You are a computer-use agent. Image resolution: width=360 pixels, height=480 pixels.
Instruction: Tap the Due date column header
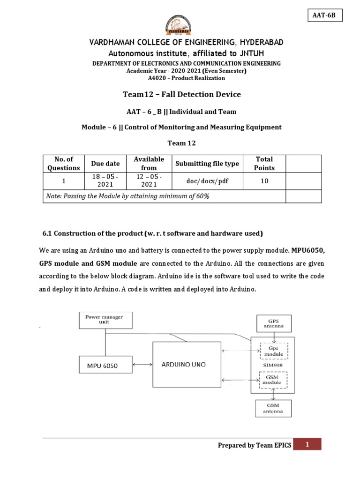pyautogui.click(x=105, y=164)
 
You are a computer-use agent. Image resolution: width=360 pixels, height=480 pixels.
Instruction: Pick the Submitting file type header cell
pyautogui.click(x=207, y=164)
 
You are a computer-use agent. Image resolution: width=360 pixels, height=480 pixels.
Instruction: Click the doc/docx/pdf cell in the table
pyautogui.click(x=207, y=181)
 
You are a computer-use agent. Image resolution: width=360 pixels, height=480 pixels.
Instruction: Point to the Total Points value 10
pyautogui.click(x=264, y=181)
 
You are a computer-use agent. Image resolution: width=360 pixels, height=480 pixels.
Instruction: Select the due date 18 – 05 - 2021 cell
pyautogui.click(x=105, y=181)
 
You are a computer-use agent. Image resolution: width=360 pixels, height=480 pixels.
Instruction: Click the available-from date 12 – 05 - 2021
pyautogui.click(x=149, y=181)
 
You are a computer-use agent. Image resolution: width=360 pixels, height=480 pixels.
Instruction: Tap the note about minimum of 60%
pyautogui.click(x=127, y=196)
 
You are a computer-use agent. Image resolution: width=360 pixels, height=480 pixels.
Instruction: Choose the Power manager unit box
pyautogui.click(x=104, y=320)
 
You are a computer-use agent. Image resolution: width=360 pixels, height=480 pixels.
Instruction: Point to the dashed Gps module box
pyautogui.click(x=274, y=351)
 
